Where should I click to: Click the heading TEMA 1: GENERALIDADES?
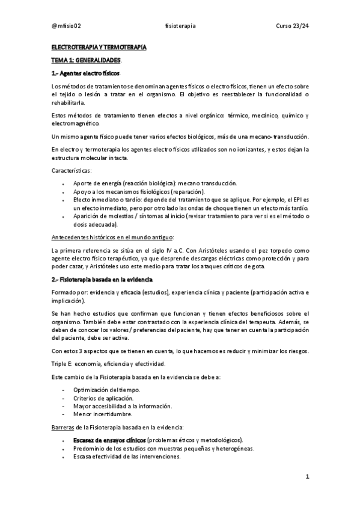[x=87, y=60]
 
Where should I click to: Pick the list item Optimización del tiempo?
[x=106, y=390]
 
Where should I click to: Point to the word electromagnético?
[x=76, y=123]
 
